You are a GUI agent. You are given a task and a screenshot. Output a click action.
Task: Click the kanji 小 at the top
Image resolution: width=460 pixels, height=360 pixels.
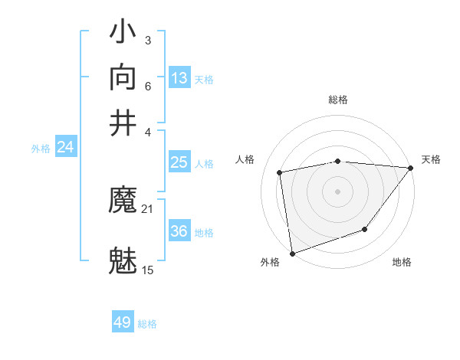point(123,34)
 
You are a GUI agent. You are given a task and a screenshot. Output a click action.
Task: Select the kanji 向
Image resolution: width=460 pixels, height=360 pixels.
point(123,78)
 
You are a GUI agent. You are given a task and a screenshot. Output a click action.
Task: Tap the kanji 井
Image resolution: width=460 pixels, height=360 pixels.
point(123,123)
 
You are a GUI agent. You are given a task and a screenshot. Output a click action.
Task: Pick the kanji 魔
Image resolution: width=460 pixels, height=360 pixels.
point(123,201)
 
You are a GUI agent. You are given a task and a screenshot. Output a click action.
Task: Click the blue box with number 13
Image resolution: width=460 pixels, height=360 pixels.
point(179,78)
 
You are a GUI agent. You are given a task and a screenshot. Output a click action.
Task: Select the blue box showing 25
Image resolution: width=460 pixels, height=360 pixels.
point(179,162)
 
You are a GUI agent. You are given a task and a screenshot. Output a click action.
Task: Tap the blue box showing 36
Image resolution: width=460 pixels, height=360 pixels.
point(179,231)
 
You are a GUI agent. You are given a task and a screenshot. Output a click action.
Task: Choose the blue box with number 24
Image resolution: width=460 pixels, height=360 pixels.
point(65,148)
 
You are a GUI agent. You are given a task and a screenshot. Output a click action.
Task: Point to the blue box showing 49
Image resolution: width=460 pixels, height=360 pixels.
point(123,322)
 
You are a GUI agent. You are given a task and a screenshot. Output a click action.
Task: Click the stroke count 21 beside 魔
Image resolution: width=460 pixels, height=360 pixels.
point(148,209)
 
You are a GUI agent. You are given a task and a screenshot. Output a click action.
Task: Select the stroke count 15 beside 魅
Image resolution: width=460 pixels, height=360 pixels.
point(148,270)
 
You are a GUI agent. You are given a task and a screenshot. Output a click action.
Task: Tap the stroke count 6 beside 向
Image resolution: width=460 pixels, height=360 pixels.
point(148,85)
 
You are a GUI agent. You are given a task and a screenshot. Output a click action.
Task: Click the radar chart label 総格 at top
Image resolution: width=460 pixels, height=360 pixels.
point(338,100)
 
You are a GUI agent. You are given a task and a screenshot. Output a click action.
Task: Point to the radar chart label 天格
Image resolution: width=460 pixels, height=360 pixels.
point(431,159)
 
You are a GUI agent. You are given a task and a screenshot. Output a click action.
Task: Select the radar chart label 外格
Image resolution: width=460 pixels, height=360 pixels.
point(270,263)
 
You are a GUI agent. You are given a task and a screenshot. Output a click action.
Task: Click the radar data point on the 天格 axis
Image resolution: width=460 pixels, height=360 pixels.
point(410,167)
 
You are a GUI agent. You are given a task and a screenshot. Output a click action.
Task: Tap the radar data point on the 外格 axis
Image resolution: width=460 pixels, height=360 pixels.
point(292,253)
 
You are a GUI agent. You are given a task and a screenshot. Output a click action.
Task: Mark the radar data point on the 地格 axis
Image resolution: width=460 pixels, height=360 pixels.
point(366,229)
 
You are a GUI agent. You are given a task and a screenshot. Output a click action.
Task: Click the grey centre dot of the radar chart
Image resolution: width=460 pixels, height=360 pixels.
point(338,191)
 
